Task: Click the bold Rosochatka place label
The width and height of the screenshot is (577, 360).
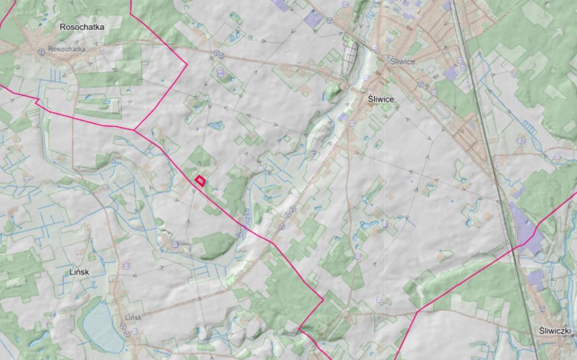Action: pyautogui.click(x=82, y=27)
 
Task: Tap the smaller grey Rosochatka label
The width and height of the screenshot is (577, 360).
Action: pyautogui.click(x=66, y=49)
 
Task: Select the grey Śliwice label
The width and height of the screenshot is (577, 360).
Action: pyautogui.click(x=399, y=62)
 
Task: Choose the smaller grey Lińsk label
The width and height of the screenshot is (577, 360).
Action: pyautogui.click(x=133, y=318)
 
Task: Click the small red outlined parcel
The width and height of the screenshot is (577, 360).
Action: pyautogui.click(x=200, y=180)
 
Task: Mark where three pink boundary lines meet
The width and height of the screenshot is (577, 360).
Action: pyautogui.click(x=135, y=130)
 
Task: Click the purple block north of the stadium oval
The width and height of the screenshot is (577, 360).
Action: pyautogui.click(x=451, y=74)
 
